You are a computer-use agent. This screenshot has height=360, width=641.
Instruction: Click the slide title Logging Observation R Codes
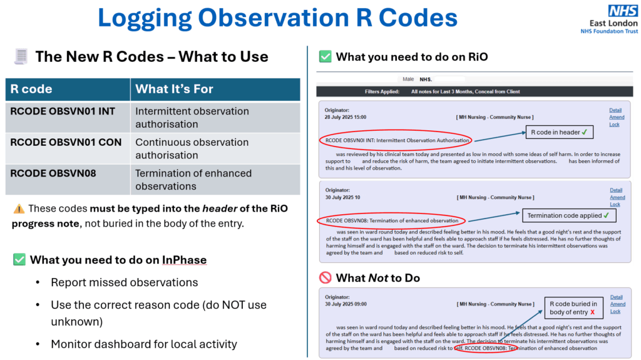coord(277,18)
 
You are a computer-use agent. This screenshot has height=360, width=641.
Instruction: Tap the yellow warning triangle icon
coord(19,208)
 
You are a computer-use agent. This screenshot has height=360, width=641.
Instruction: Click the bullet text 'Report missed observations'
coord(124,282)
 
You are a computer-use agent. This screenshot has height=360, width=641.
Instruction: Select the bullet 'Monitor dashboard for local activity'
coord(145,344)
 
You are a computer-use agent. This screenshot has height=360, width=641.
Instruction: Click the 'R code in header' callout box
coord(558,132)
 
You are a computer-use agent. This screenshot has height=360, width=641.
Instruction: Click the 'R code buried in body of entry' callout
coord(572,308)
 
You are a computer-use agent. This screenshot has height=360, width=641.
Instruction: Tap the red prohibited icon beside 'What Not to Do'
coord(325,277)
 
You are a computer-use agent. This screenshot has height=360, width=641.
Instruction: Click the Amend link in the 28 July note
coord(616,117)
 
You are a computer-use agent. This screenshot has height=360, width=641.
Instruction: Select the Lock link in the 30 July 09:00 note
coord(615,311)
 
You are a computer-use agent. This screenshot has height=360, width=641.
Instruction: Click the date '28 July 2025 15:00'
coord(346,117)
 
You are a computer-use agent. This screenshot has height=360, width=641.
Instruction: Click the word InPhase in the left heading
coord(184,260)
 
